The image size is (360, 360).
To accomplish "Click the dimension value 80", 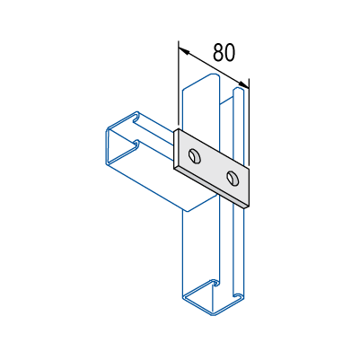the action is [224, 52].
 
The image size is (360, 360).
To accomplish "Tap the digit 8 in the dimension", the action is [218, 52].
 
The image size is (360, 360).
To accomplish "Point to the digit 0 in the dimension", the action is [230, 52].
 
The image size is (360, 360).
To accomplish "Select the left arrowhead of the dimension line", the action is [184, 51].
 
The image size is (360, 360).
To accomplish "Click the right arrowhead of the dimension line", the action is [243, 84].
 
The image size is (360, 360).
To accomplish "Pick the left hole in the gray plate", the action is [195, 155].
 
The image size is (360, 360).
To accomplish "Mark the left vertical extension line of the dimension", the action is [179, 83].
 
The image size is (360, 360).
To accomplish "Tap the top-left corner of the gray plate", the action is [179, 129].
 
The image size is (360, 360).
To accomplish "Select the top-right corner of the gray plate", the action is [249, 167].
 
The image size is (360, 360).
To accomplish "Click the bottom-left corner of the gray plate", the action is [174, 168].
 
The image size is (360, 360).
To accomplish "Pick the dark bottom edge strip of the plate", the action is [211, 188].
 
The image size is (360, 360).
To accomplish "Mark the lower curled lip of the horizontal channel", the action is [136, 145].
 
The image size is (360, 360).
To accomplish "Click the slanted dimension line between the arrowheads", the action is [214, 67].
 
